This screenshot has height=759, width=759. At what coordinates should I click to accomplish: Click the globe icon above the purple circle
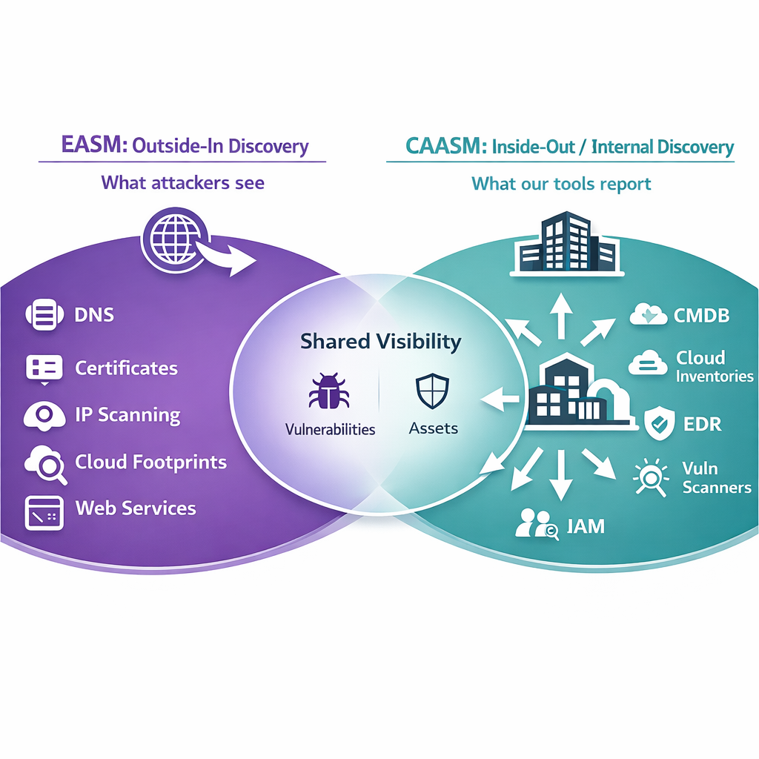(x=173, y=236)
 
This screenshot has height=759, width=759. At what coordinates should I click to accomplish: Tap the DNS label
(x=95, y=315)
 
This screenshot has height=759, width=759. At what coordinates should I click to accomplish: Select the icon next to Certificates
(x=44, y=368)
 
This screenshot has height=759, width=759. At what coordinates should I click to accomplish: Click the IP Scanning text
(x=127, y=415)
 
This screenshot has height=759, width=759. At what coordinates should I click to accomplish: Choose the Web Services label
(x=136, y=508)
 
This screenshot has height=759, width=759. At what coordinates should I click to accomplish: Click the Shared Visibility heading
(x=380, y=342)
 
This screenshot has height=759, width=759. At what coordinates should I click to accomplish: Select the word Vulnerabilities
(x=330, y=429)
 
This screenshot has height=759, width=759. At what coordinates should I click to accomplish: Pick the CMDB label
(x=701, y=316)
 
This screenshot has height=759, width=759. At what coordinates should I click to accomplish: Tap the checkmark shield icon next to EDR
(x=658, y=423)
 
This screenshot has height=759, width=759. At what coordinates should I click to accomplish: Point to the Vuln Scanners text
(x=716, y=478)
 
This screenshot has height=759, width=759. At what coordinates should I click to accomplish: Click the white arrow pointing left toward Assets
(x=501, y=400)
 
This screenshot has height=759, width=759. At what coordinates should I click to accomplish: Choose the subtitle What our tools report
(x=561, y=183)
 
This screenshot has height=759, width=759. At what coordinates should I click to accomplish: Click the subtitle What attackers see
(x=182, y=182)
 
